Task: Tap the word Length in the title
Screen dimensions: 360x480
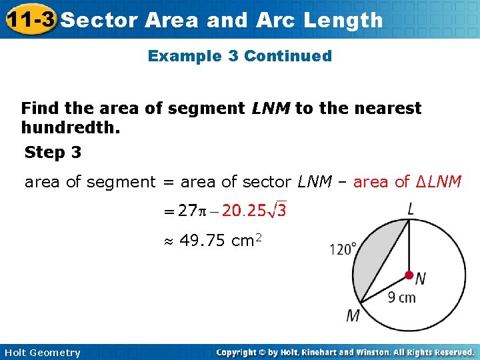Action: [x=343, y=20]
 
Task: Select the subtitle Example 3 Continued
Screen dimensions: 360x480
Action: [x=239, y=56]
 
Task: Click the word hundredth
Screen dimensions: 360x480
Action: [x=71, y=127]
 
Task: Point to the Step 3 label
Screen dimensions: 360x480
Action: [x=53, y=153]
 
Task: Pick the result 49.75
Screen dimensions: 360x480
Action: [x=203, y=240]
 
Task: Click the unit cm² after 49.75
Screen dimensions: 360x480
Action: [x=247, y=240]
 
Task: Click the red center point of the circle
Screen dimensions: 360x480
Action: [x=409, y=275]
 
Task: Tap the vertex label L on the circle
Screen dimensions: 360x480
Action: [x=411, y=209]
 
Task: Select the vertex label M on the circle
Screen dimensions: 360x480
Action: [x=353, y=315]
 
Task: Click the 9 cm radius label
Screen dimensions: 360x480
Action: [x=401, y=297]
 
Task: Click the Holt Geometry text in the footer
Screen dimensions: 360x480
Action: [x=41, y=353]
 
